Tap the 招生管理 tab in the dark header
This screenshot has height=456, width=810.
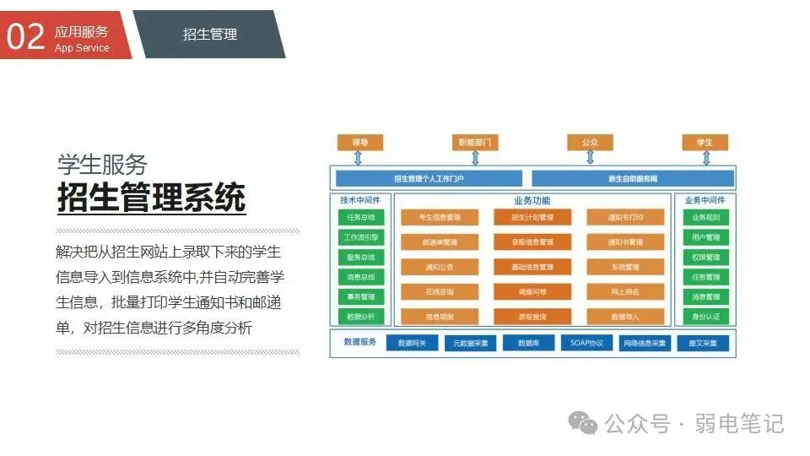coord(210,35)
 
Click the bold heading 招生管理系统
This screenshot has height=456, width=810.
coord(151,197)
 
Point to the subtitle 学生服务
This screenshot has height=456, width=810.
coord(102,163)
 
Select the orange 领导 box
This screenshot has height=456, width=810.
coord(360,142)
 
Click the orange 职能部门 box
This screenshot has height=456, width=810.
coord(475,142)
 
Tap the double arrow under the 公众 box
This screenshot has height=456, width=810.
coord(590,157)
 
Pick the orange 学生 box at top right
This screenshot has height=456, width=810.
coord(705,142)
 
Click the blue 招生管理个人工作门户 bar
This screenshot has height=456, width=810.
coord(429,179)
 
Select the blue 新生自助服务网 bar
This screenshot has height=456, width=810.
coord(633,179)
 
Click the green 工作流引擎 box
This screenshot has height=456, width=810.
coord(361,237)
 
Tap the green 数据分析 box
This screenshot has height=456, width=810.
coord(361,317)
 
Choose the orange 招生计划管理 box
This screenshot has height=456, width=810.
coord(532,218)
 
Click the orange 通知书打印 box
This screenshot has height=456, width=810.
coord(625,218)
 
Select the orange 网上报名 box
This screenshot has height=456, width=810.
coord(625,291)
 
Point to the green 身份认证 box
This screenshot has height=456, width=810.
coord(705,317)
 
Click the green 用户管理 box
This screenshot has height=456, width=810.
coord(705,237)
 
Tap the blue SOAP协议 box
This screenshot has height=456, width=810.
coord(586,344)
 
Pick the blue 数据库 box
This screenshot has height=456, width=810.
coord(529,344)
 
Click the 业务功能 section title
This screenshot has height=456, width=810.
coord(532,201)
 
